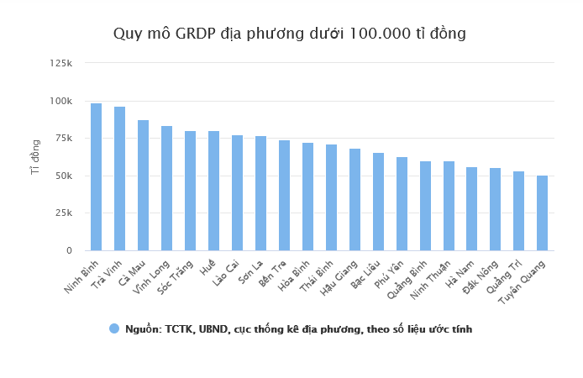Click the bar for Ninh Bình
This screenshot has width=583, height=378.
(96, 176)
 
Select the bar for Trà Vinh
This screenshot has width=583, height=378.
(119, 178)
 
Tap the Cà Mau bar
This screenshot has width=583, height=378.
(143, 185)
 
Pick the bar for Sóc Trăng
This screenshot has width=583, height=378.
(190, 191)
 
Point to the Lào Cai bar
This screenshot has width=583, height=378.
(237, 192)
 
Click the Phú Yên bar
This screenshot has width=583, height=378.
(402, 203)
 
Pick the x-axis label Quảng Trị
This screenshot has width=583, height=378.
(508, 275)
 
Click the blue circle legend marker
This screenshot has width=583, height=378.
(114, 328)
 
